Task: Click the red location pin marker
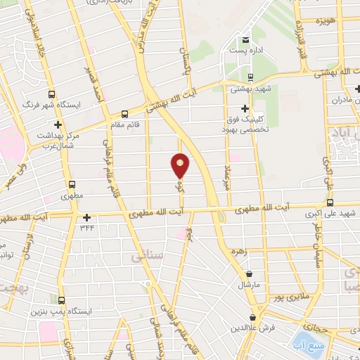pos(181,165)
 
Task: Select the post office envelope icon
pos(245,39)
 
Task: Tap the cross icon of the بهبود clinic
pos(245,108)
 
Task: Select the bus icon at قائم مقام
pos(124,114)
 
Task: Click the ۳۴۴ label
pos(86,227)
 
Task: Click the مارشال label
pos(250,285)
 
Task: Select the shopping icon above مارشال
pos(250,274)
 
